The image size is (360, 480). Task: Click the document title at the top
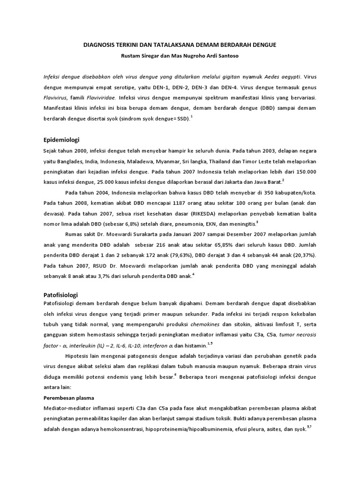[180, 45]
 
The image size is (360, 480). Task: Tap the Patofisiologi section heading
[60, 295]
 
